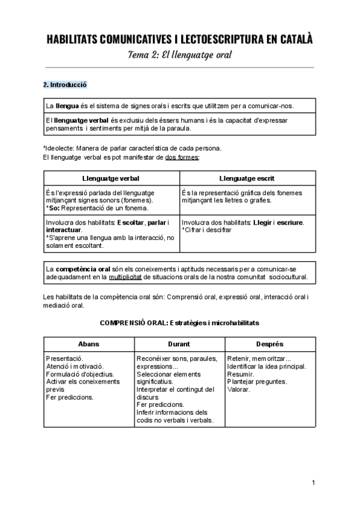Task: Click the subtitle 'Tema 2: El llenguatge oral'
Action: (x=180, y=55)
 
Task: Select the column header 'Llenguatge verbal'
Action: (x=111, y=178)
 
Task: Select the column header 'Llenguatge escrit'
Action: (x=247, y=178)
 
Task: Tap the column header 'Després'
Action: (x=269, y=344)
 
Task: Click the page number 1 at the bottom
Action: (x=313, y=483)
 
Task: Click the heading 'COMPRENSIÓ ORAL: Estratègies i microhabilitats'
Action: (x=179, y=322)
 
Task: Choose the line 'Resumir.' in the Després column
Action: (x=240, y=374)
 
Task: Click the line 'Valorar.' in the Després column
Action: (x=239, y=390)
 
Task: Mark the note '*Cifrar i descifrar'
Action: (x=207, y=230)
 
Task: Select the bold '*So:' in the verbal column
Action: (x=53, y=208)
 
